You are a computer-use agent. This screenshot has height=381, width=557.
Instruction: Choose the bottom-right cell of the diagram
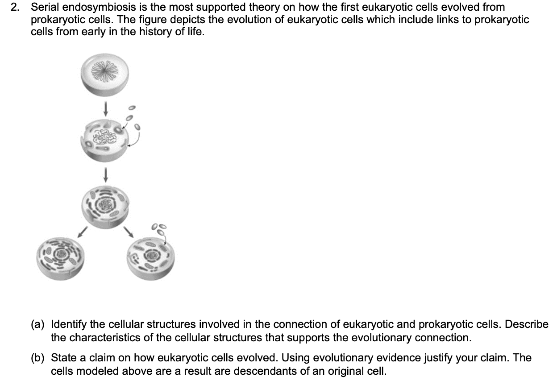point(151,259)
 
